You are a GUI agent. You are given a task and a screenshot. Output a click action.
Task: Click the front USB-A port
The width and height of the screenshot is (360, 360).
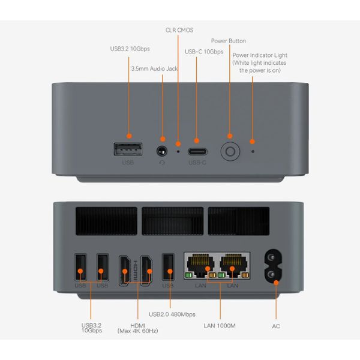128,149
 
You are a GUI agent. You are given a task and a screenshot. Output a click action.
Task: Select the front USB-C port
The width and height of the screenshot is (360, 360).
197,151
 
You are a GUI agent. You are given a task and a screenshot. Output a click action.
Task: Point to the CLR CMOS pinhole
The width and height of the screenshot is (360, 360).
178,144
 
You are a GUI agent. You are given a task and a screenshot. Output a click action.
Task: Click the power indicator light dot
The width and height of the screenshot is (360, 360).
252,144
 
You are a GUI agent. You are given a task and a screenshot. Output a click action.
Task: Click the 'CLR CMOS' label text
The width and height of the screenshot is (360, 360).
179,30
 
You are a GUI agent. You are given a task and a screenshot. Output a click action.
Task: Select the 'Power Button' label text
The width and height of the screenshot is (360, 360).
228,41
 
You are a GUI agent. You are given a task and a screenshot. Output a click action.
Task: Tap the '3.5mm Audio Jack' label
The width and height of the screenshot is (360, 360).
154,68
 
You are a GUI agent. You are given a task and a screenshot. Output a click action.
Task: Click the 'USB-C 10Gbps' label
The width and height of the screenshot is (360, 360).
203,52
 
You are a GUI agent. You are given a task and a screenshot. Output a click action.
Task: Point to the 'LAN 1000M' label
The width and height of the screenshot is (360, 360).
219,326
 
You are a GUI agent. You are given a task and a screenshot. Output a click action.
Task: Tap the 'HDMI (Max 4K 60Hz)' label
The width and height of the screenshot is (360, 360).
137,328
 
